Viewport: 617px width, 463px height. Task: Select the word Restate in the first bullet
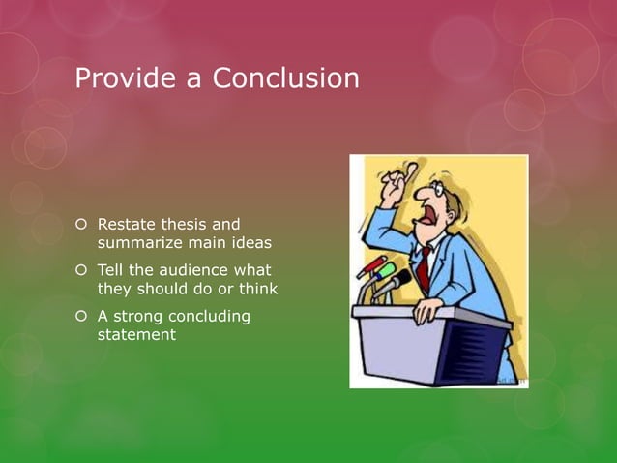point(130,225)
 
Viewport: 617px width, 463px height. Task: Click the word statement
point(135,334)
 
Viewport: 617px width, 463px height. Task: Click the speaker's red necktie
point(424,266)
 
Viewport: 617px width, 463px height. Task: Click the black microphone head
point(399,282)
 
